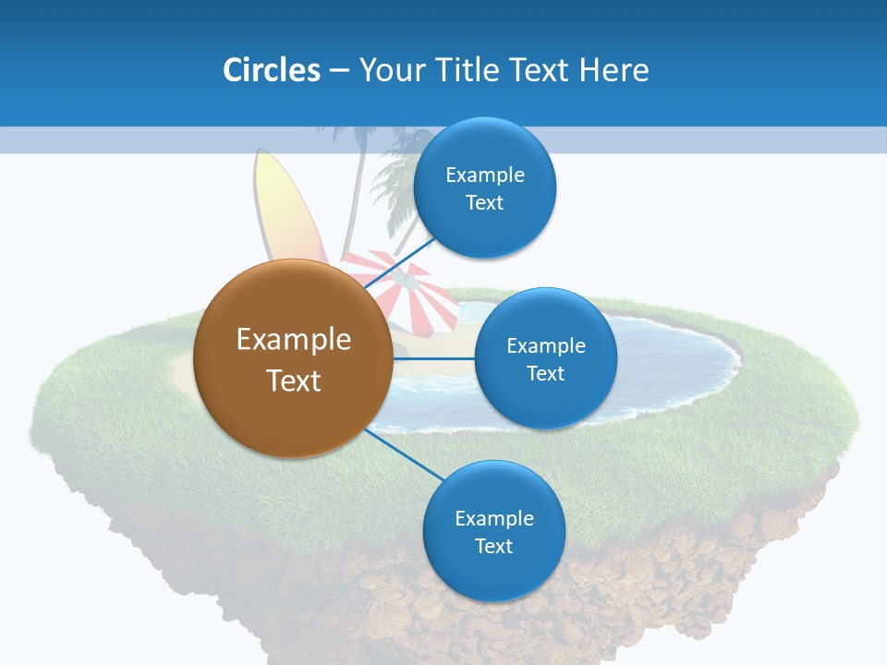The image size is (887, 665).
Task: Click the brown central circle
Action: pyautogui.click(x=293, y=358)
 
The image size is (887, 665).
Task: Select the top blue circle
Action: pyautogui.click(x=484, y=187)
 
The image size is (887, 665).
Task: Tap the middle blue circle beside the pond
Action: pyautogui.click(x=545, y=358)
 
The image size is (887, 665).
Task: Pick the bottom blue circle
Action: pyautogui.click(x=493, y=531)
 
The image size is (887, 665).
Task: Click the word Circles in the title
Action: pyautogui.click(x=272, y=70)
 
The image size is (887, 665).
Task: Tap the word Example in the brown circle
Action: pyautogui.click(x=294, y=339)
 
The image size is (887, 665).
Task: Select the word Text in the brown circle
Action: pyautogui.click(x=294, y=381)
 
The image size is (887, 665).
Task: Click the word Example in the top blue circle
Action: pyautogui.click(x=485, y=175)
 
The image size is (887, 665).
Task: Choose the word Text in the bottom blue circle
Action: pyautogui.click(x=493, y=546)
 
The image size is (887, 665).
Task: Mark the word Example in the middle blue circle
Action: pyautogui.click(x=546, y=345)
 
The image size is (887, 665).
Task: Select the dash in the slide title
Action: pyautogui.click(x=339, y=71)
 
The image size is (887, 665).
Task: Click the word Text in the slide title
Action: pyautogui.click(x=540, y=70)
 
